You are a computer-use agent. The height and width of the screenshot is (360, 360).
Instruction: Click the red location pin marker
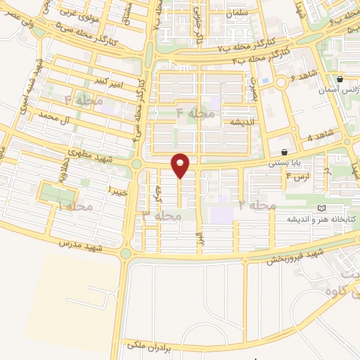pos(181,166)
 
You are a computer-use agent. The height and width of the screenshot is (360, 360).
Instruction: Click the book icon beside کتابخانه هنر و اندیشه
pos(323,209)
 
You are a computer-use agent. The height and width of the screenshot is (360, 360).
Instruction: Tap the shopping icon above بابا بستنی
pos(284,152)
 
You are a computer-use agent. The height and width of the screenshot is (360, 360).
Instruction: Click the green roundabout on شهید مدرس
pos(127,254)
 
